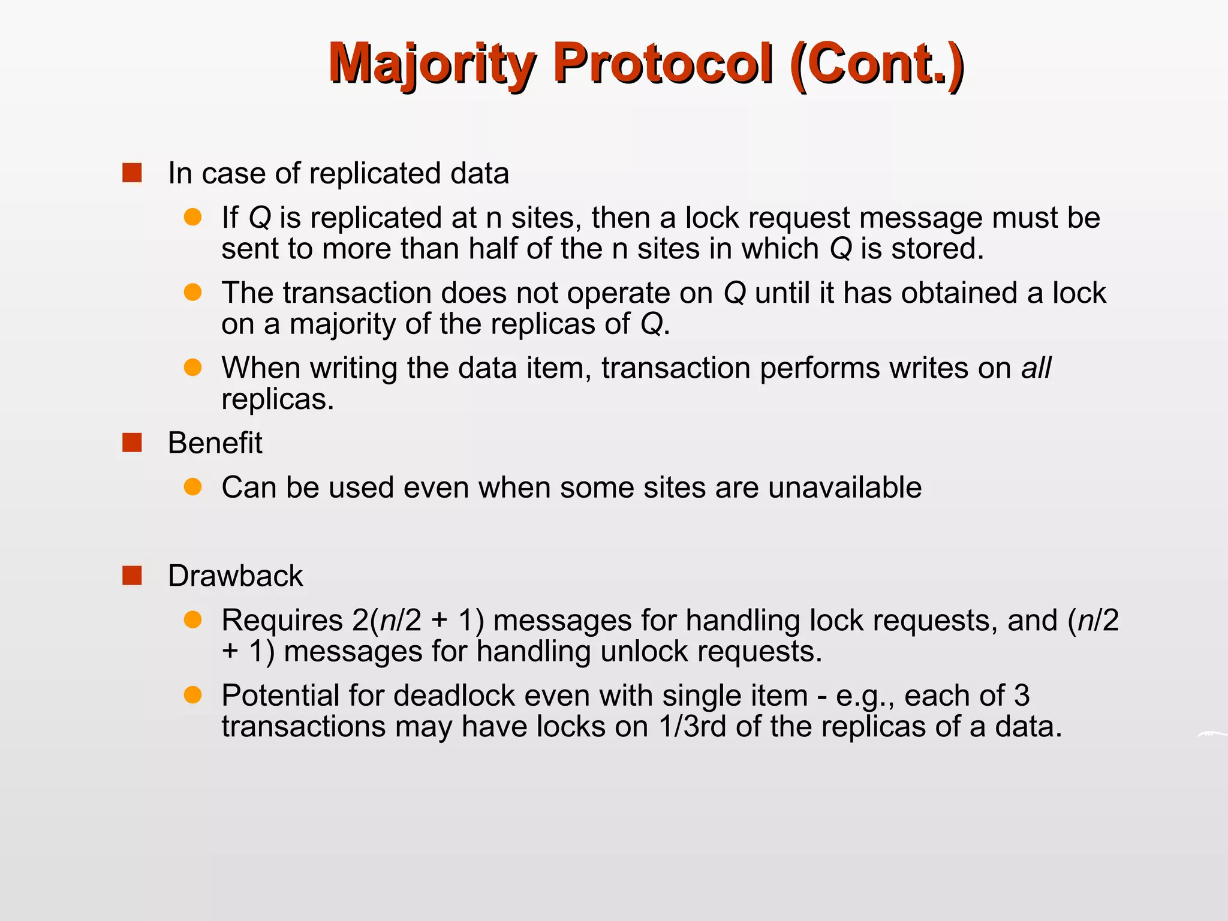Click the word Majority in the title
pyautogui.click(x=432, y=64)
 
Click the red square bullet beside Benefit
pyautogui.click(x=132, y=443)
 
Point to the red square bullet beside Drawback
pyautogui.click(x=132, y=576)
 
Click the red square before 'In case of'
pyautogui.click(x=132, y=173)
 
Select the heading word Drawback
pyautogui.click(x=235, y=576)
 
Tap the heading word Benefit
pyautogui.click(x=215, y=443)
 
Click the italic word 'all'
pyautogui.click(x=1036, y=368)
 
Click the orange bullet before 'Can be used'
pyautogui.click(x=192, y=487)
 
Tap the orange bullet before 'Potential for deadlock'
pyautogui.click(x=192, y=695)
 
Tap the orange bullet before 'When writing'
pyautogui.click(x=192, y=368)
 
